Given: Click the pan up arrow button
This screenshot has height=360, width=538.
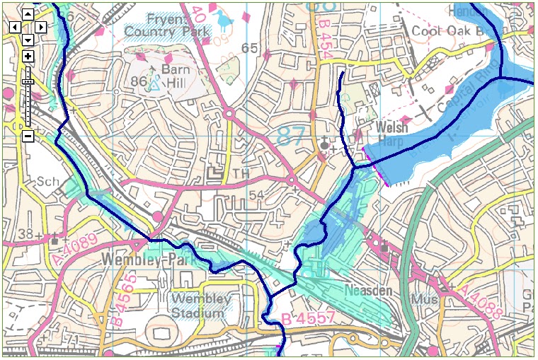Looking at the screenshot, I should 27,14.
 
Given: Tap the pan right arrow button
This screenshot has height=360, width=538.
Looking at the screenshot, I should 41,27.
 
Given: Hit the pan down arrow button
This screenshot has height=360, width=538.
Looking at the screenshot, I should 27,40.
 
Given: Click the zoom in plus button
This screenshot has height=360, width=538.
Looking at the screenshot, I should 28,57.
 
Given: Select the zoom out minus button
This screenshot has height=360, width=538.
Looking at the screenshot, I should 28,136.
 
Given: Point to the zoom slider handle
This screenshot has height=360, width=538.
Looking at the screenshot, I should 28,82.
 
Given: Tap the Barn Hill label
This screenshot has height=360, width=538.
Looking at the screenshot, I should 176,76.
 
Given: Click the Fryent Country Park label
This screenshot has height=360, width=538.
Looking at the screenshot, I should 168,25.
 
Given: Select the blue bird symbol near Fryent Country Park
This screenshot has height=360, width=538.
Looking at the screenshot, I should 226,21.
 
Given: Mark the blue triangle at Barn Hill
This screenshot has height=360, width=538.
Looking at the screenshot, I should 154,84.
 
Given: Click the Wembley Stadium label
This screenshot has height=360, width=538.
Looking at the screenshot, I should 201,304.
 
